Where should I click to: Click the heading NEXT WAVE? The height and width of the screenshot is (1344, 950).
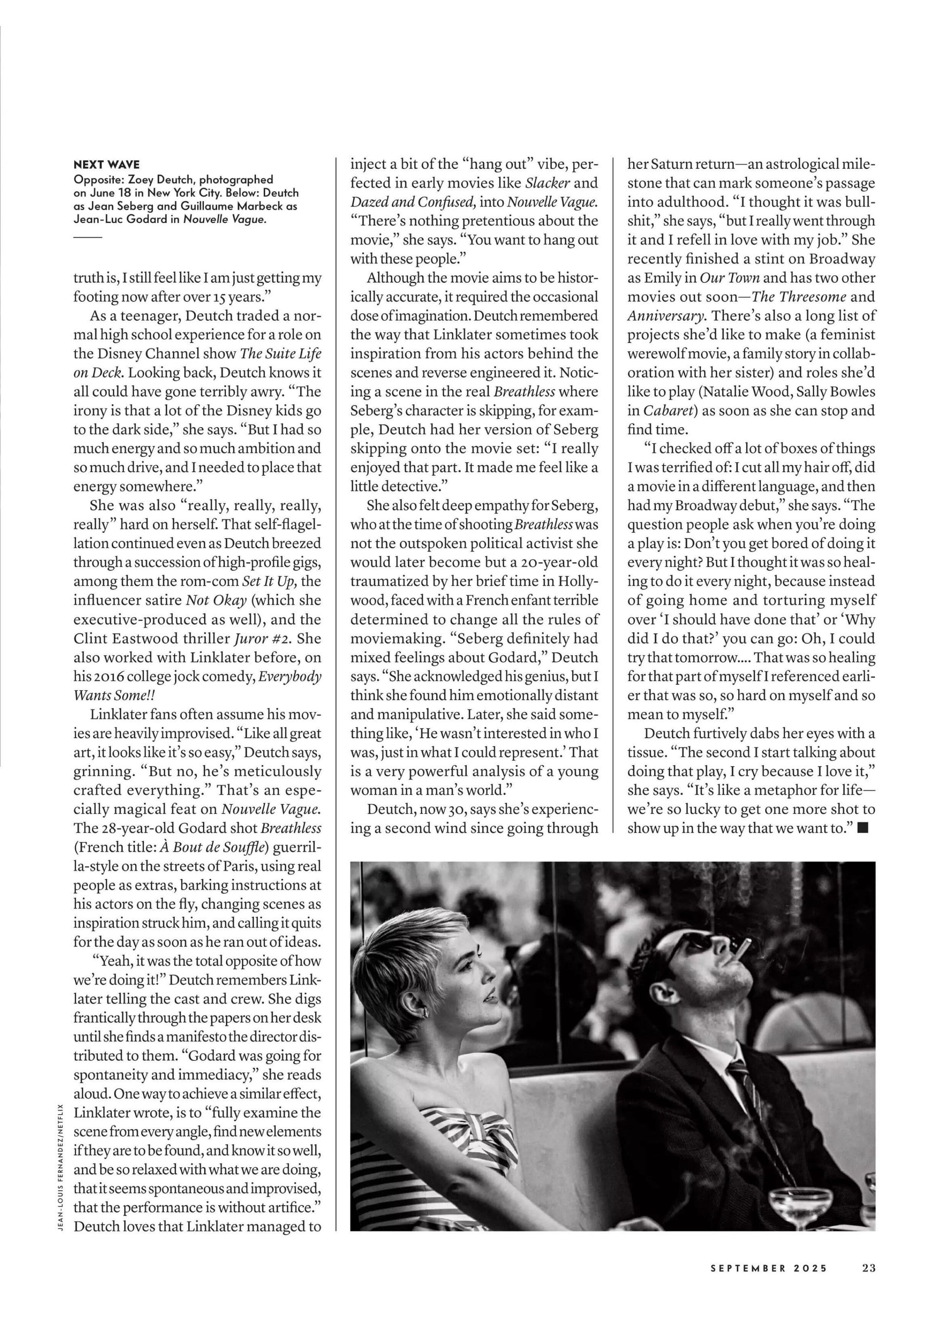tap(106, 165)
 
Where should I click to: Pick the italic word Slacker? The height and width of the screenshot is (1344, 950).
tap(547, 183)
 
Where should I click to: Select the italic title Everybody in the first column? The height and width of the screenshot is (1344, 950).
tap(290, 677)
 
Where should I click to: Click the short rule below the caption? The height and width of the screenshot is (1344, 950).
tap(88, 237)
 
